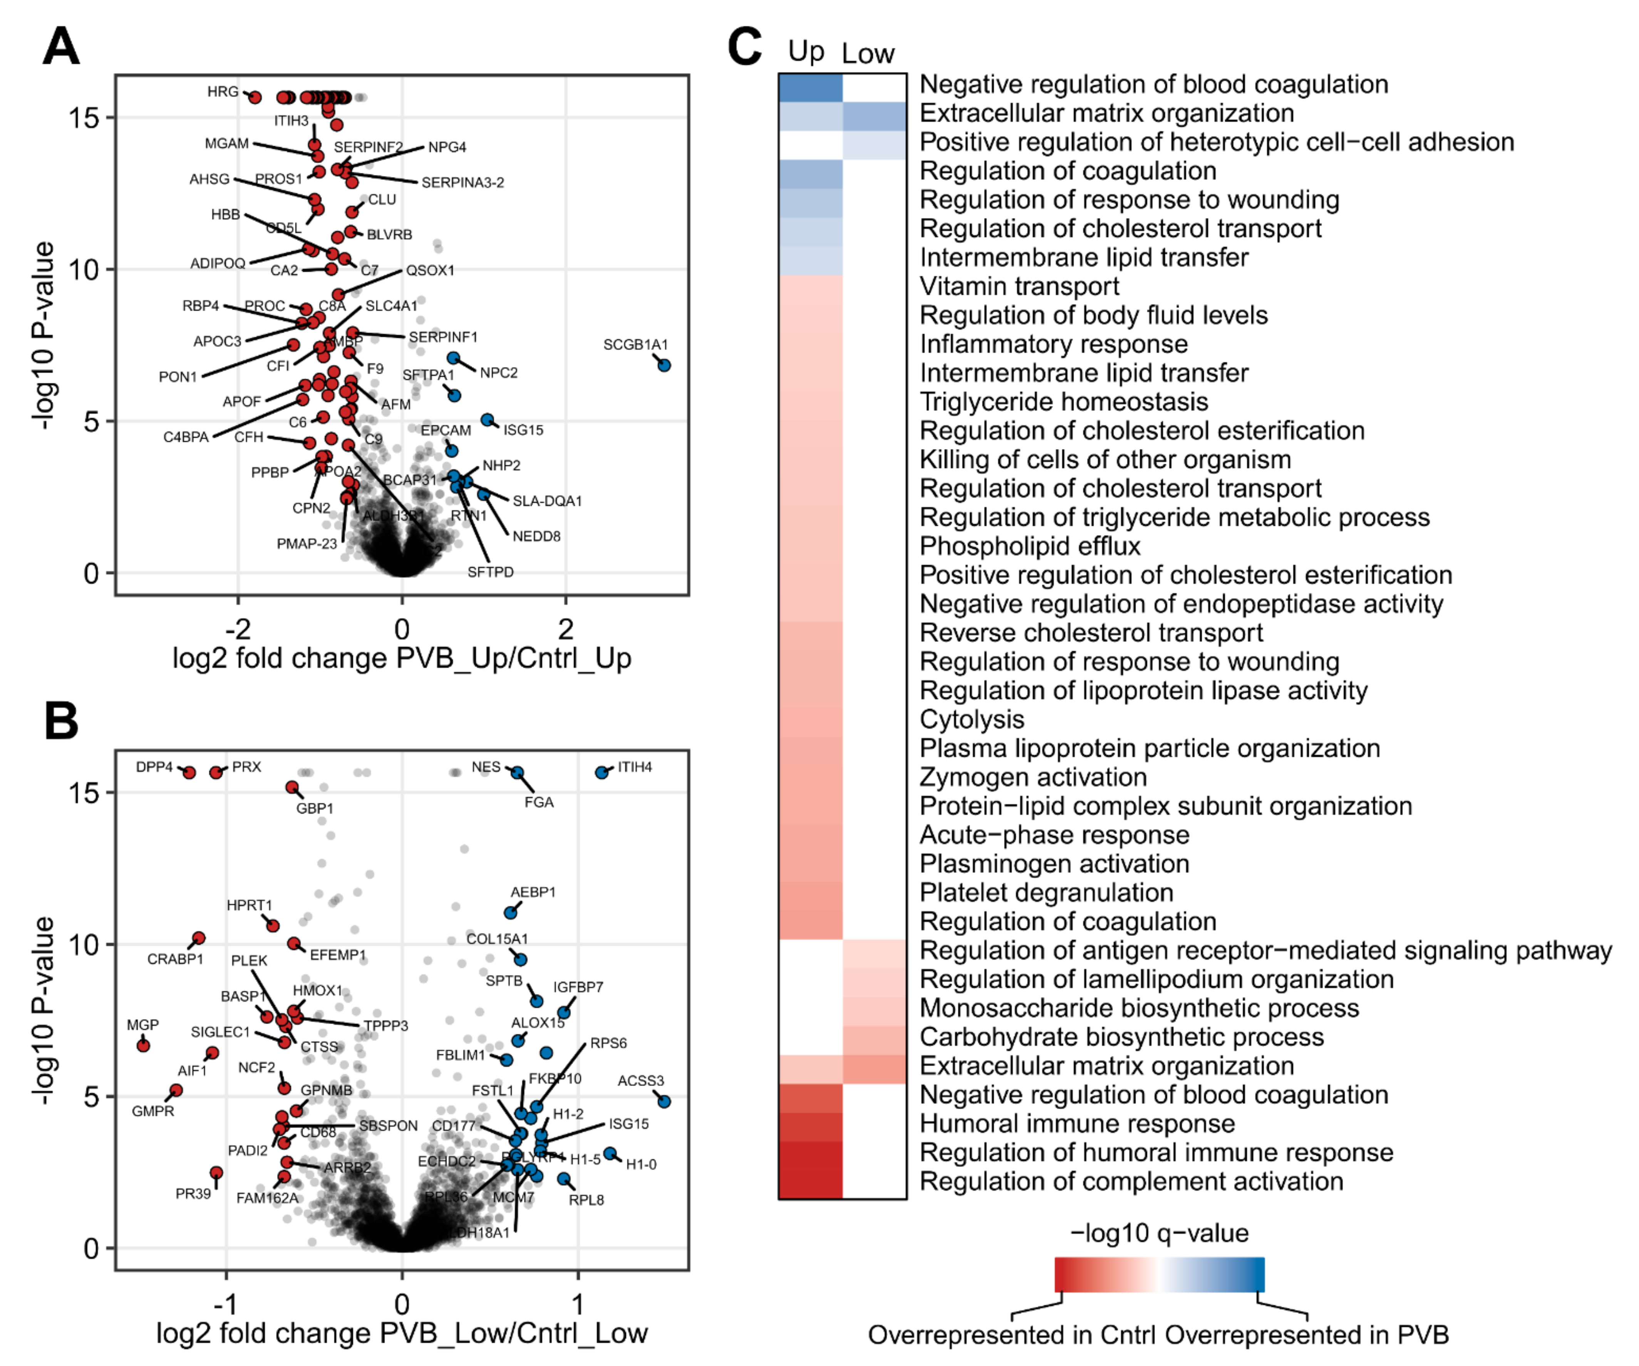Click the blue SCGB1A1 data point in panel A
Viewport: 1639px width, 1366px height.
coord(664,365)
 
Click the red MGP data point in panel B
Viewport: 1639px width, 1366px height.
coord(143,1045)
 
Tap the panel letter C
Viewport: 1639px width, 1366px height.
coord(744,47)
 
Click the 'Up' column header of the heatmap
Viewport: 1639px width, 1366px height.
coord(806,52)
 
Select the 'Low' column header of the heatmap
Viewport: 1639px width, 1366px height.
coord(868,53)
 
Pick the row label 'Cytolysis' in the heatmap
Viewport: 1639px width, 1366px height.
coord(972,719)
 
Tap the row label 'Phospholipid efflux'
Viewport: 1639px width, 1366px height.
coord(1029,546)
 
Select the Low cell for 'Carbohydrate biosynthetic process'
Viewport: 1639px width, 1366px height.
coord(874,1037)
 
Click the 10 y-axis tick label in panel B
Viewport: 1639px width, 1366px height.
coord(84,944)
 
